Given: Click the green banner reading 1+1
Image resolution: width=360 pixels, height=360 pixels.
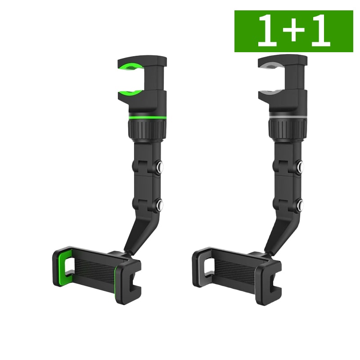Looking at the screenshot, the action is pos(294,31).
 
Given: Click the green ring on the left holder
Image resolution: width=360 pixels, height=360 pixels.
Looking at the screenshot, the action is pos(148,118).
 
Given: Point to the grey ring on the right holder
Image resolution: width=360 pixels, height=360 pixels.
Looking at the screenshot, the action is pos(288,117).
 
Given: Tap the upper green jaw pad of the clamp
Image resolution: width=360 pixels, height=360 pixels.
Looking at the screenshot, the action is pos(131,66).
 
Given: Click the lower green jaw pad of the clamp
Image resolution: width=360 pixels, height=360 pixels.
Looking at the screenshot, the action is pos(130,94).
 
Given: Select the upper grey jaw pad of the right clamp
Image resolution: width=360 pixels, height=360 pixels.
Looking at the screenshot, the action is pos(271,66).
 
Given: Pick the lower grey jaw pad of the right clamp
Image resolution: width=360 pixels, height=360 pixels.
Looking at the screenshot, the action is pos(270,93).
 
